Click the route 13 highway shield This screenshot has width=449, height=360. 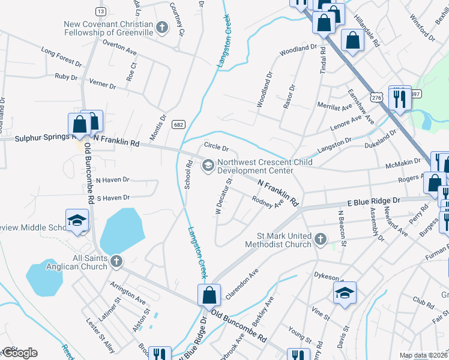click(100, 11)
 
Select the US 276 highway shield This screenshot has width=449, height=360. click(376, 97)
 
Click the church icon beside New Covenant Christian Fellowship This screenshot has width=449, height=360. click(161, 27)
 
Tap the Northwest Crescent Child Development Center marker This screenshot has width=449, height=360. click(208, 165)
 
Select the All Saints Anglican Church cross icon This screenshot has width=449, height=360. click(116, 262)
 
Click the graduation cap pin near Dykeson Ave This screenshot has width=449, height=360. click(345, 293)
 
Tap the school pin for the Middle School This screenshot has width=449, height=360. click(77, 220)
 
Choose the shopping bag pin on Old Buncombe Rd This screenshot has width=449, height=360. click(209, 296)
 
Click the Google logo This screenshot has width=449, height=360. click(19, 352)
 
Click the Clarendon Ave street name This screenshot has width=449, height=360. click(242, 284)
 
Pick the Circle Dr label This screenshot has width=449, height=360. click(216, 148)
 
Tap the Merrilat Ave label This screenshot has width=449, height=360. click(335, 107)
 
